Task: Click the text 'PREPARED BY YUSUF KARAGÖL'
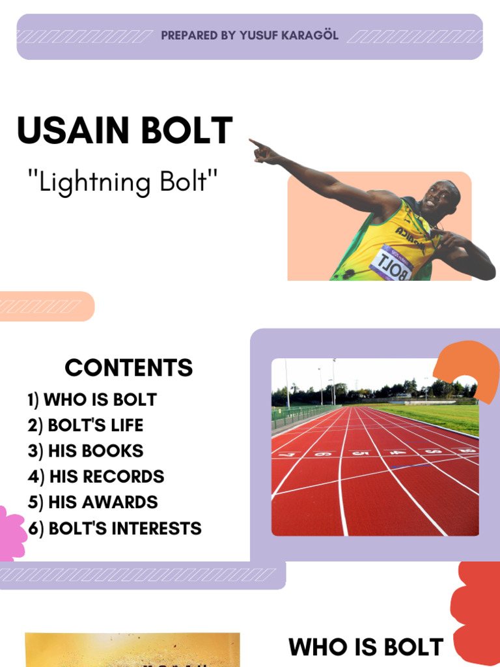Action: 250,36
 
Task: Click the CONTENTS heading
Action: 129,368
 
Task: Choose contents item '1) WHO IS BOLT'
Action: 92,399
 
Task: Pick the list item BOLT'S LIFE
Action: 85,425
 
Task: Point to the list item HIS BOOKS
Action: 85,451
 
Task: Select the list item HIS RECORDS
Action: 96,476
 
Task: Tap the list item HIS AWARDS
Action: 92,502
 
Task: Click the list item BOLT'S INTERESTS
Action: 115,528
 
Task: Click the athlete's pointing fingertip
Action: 251,141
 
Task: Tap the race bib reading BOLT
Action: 392,264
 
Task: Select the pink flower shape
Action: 10,533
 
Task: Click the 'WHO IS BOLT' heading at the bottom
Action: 366,647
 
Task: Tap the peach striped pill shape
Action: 46,306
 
